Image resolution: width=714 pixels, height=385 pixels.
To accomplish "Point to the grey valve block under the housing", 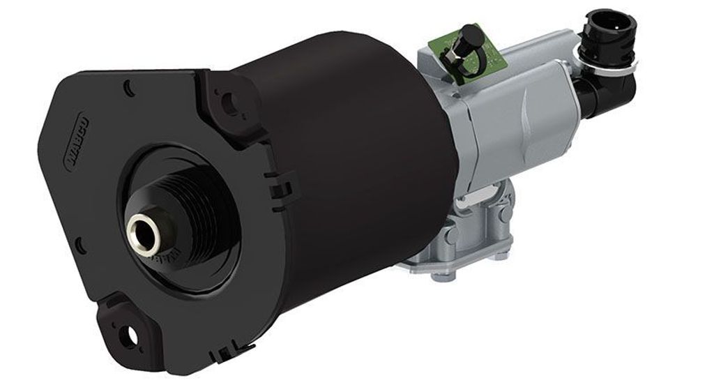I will pos(460,230).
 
